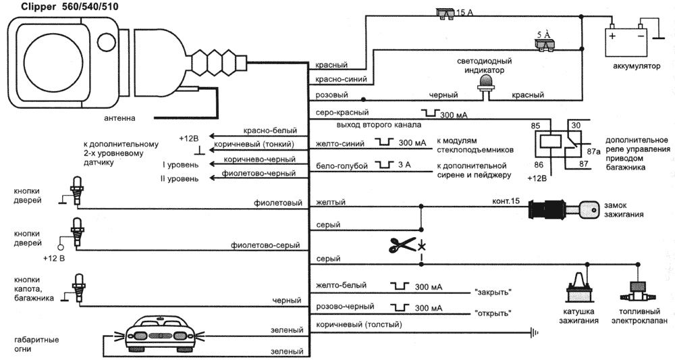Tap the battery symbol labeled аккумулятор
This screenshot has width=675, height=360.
click(626, 40)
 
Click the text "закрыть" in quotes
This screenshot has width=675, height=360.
click(492, 292)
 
